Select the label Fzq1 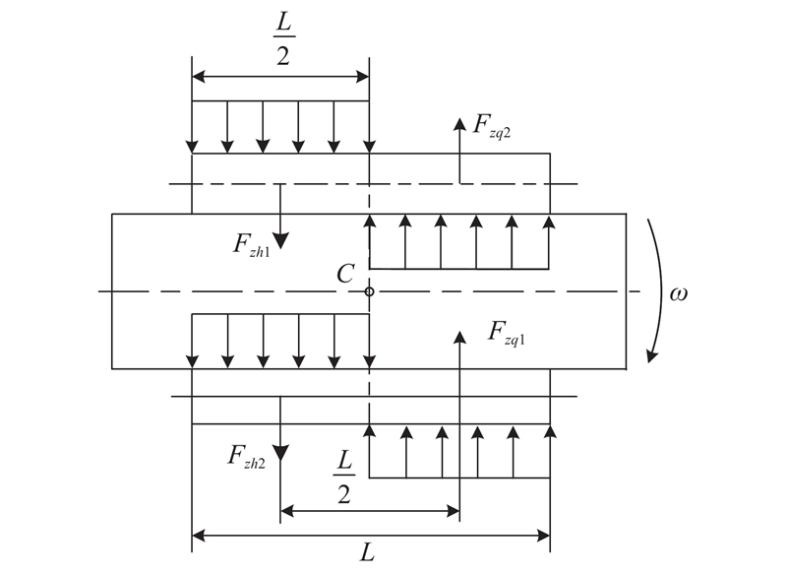click(x=509, y=332)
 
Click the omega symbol click(x=678, y=292)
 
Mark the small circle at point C click(x=369, y=291)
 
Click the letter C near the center click(x=344, y=275)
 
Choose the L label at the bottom click(x=368, y=553)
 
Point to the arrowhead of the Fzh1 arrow click(x=280, y=240)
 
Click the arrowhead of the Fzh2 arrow click(x=280, y=453)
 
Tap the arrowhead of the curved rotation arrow click(x=648, y=355)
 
